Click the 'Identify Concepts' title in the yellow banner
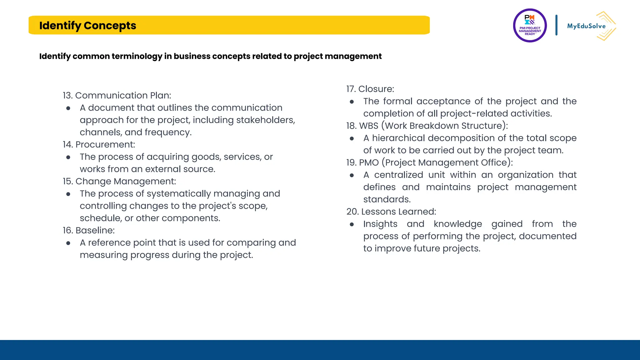point(87,26)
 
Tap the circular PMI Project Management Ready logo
point(530,26)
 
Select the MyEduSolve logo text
point(586,26)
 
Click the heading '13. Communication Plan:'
point(117,95)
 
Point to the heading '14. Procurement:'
point(99,144)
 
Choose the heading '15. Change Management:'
point(119,181)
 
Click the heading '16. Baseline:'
point(89,230)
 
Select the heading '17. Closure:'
point(370,89)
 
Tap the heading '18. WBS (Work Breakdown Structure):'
point(427,126)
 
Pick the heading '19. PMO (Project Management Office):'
point(429,162)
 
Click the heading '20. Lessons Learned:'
point(391,212)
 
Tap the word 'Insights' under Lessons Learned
point(380,224)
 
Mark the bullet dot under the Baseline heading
point(68,243)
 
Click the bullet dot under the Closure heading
point(352,102)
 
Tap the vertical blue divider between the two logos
point(556,25)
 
